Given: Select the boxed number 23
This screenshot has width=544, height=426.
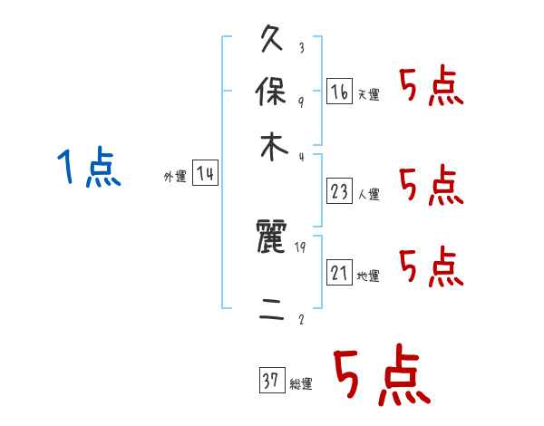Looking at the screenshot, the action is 340,190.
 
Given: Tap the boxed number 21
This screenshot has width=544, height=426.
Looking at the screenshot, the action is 340,272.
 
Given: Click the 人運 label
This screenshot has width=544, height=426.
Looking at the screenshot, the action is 368,193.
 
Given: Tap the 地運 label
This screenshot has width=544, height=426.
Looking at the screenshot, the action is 368,276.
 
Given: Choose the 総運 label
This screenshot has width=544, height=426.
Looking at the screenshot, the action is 301,384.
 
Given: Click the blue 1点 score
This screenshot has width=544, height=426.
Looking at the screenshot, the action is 89,169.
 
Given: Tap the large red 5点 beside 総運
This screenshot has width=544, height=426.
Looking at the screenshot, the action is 380,377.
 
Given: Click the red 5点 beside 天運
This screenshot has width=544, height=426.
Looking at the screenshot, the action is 431,89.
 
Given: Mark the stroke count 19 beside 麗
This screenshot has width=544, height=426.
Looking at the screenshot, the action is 301,246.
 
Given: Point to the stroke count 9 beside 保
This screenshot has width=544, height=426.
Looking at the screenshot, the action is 301,102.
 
